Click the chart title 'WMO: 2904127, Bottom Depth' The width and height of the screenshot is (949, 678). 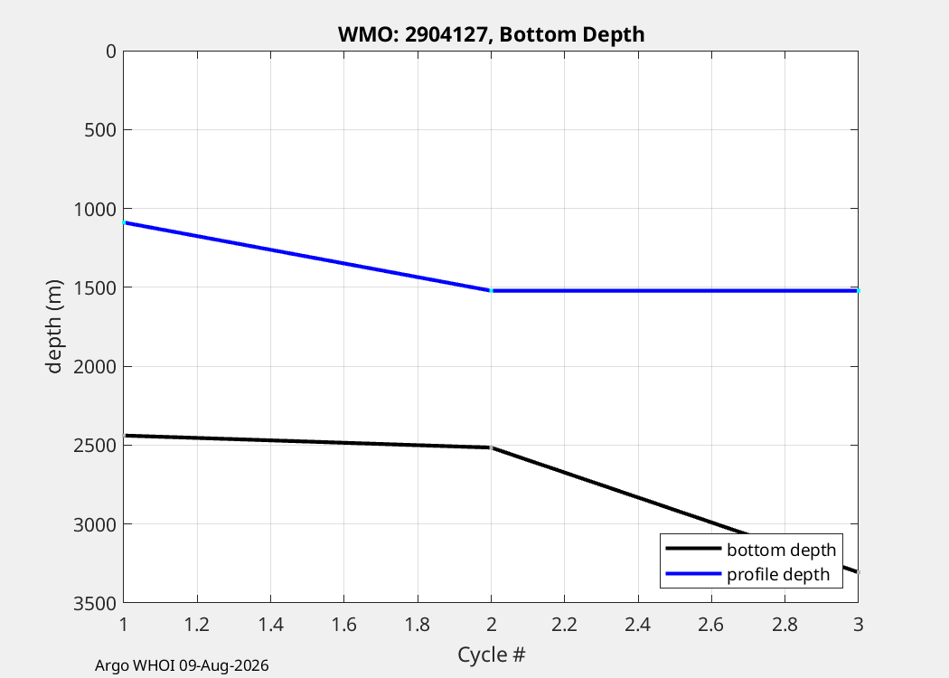491,34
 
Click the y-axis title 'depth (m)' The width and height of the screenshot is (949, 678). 54,327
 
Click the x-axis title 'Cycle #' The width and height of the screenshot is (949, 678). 491,654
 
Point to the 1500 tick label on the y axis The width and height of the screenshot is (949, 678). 94,287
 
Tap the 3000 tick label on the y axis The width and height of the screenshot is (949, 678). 94,524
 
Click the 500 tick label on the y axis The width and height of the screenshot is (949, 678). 100,129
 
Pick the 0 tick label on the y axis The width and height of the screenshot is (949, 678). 111,52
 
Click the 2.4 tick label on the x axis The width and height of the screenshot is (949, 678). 638,624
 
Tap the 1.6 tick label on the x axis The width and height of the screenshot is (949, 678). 343,624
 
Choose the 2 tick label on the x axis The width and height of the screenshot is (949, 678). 491,624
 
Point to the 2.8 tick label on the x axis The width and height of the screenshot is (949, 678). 785,624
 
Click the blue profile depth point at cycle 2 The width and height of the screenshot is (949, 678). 491,290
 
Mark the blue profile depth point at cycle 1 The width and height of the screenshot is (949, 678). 124,222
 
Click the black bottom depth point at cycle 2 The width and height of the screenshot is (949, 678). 491,447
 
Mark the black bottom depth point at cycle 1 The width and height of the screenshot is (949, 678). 124,435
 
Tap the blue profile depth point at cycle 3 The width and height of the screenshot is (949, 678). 858,290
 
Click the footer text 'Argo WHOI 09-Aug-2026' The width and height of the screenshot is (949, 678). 182,666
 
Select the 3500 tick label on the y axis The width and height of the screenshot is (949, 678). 94,603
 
